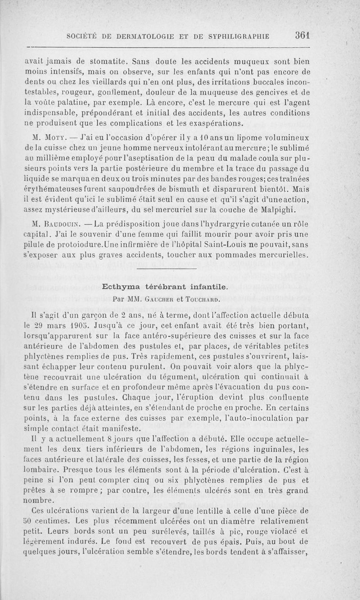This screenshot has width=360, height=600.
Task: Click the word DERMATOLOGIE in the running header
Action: coord(141,36)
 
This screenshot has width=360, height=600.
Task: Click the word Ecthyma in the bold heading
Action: coord(124,286)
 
